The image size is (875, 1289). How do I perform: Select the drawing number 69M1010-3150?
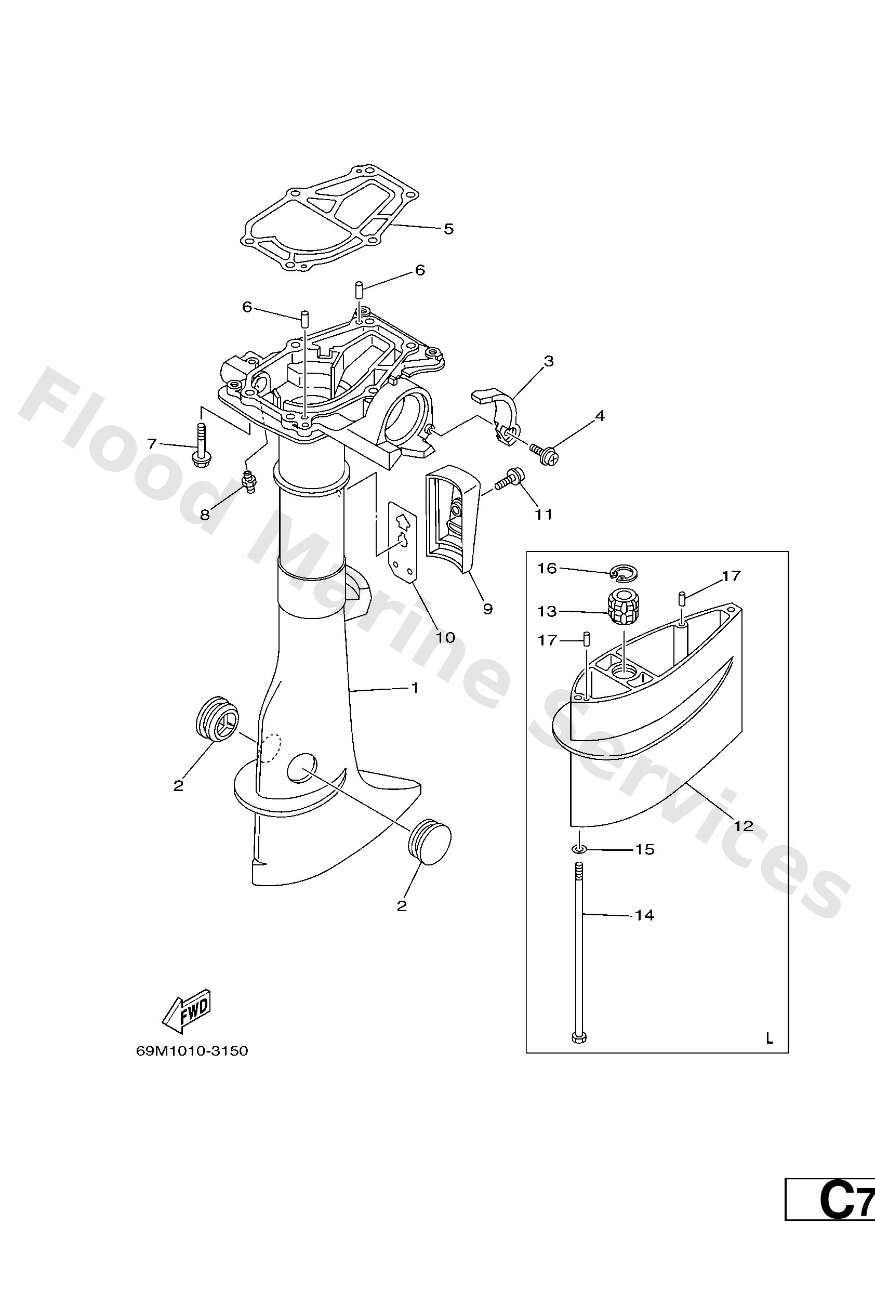[x=192, y=1051]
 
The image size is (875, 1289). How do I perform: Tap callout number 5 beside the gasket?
[x=448, y=229]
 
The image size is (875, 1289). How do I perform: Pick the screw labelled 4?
[x=545, y=453]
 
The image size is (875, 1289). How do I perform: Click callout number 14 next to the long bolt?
[x=644, y=915]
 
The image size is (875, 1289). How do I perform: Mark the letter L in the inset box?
[x=769, y=1038]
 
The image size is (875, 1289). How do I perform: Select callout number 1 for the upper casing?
[x=414, y=688]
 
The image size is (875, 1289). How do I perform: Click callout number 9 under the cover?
[x=487, y=609]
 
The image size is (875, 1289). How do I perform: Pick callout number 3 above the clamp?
[x=548, y=361]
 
